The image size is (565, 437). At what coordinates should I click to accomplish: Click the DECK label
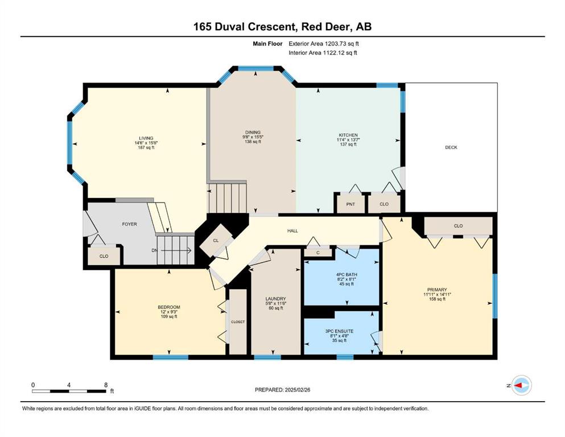[x=451, y=147]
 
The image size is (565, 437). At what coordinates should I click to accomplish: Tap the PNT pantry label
[x=350, y=204]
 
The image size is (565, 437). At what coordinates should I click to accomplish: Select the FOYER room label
[x=129, y=224]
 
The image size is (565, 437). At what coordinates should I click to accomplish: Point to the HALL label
[x=292, y=231]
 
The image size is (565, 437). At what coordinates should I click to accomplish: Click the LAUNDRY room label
[x=275, y=299]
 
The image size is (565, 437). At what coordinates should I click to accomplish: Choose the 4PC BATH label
[x=347, y=274]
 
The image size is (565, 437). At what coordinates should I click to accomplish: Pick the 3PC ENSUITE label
[x=340, y=331]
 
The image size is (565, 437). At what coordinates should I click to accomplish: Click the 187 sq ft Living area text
[x=146, y=147]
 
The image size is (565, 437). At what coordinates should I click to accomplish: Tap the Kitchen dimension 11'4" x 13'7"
[x=348, y=140]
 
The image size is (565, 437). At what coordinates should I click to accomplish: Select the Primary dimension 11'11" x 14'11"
[x=438, y=294]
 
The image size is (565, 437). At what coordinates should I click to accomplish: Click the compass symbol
[x=521, y=385]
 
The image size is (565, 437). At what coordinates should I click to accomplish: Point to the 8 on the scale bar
[x=106, y=385]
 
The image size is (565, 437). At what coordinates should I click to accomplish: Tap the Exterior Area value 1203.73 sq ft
[x=342, y=44]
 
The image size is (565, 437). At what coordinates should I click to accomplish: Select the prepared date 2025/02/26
[x=298, y=390]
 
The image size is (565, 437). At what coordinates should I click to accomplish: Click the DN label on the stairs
[x=154, y=250]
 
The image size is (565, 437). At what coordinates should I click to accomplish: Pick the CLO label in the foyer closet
[x=104, y=257]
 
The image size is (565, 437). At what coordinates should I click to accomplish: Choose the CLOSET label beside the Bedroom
[x=238, y=322]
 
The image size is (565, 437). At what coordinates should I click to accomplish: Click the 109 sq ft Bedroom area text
[x=169, y=317]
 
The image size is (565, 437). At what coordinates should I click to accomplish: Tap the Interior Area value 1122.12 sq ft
[x=341, y=53]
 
